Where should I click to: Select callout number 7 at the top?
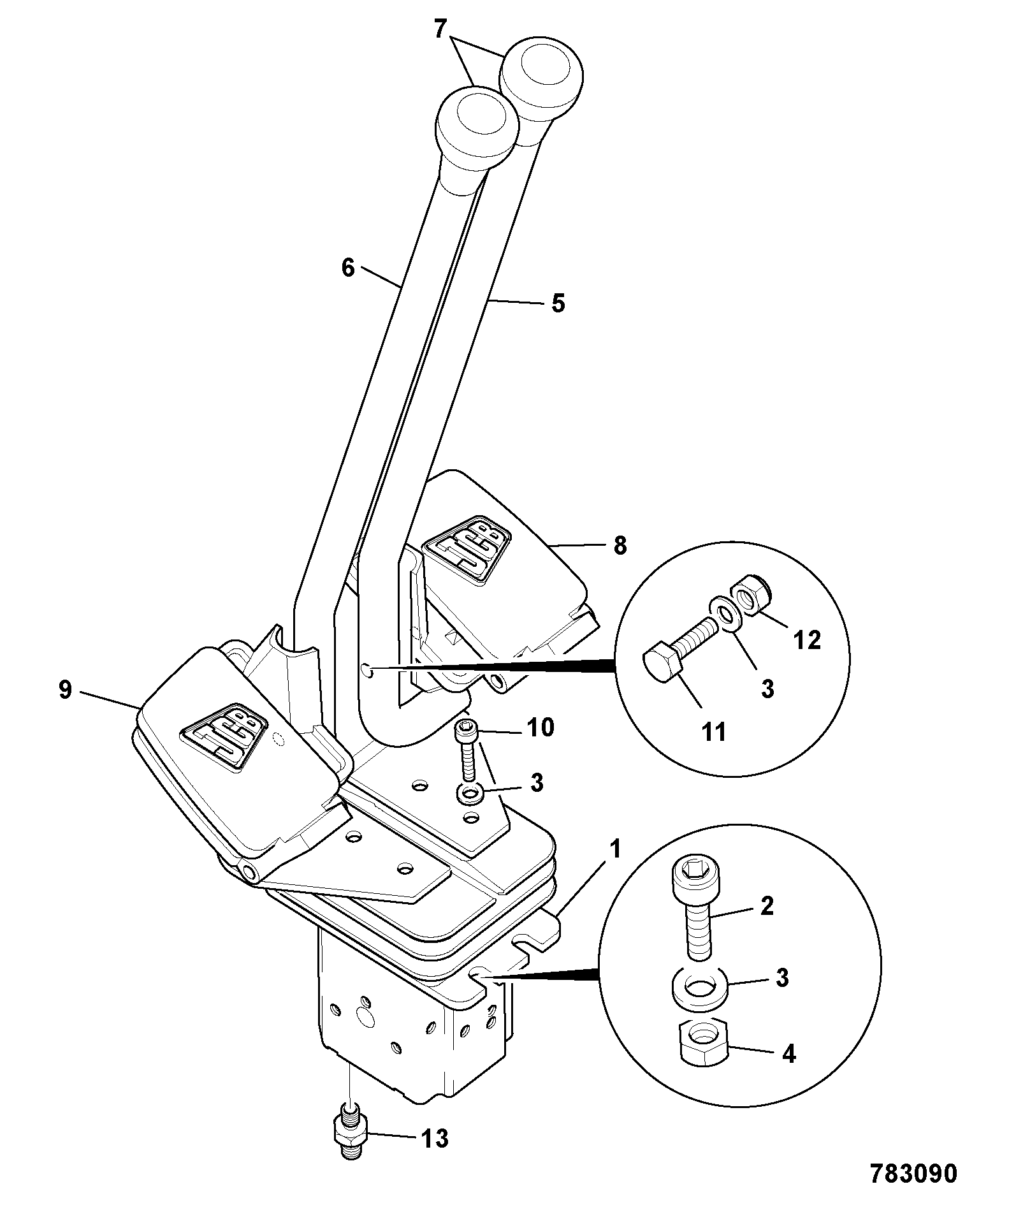point(441,29)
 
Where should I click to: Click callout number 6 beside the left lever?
point(347,268)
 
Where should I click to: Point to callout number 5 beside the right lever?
point(558,303)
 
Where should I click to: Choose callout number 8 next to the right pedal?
point(620,546)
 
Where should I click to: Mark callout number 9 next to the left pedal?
point(65,690)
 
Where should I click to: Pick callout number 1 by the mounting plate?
point(615,849)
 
